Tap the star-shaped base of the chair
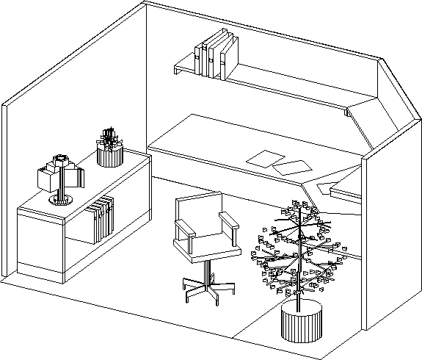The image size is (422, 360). [x=208, y=288]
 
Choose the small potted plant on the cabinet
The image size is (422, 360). [x=110, y=147]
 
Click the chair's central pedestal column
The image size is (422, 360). [x=206, y=270]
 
